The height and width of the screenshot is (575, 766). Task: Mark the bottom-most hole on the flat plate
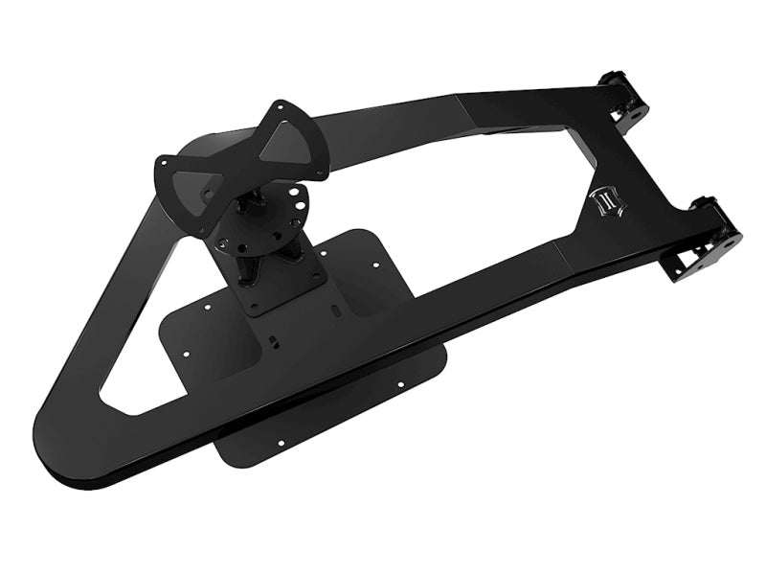282,444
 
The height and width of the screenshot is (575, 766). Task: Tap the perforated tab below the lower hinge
689,264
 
